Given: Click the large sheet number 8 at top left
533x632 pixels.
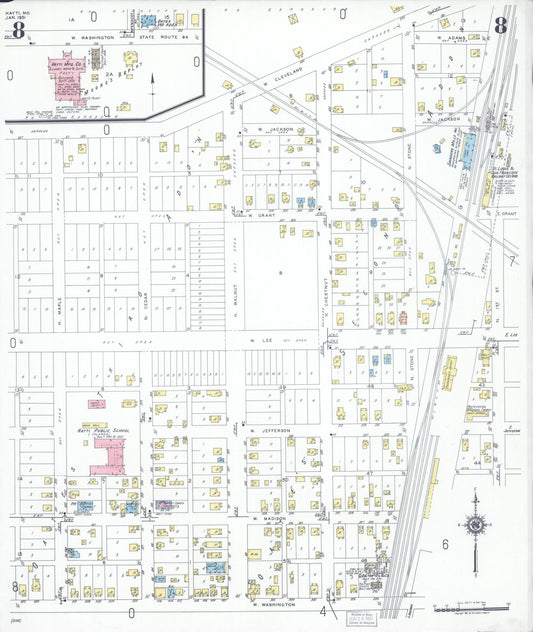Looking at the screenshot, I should click(17, 26).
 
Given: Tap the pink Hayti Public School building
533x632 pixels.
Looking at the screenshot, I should click(104, 455).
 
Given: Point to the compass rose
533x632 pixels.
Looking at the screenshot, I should click(476, 524).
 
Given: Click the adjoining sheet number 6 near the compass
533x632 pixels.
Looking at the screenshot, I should click(444, 543).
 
